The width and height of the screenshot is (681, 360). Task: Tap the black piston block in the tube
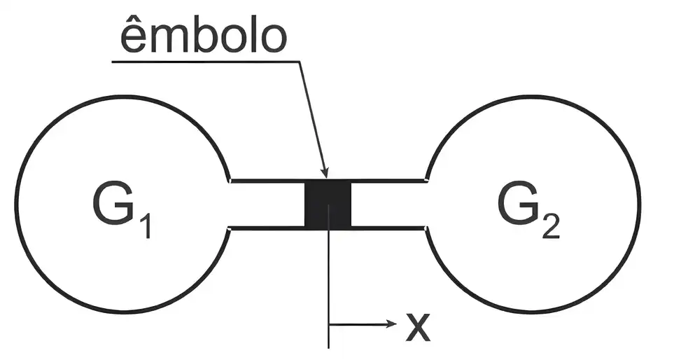tap(328, 204)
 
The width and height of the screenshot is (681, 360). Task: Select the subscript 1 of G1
tap(146, 223)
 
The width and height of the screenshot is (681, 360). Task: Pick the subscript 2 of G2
tap(551, 223)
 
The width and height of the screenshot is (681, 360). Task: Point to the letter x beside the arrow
tap(418, 326)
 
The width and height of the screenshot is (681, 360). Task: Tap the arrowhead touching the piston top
tap(325, 173)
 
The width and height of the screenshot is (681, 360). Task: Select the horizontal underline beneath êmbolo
tap(206, 62)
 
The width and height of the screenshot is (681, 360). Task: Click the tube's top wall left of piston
tap(267, 181)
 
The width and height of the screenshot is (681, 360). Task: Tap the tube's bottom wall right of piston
tap(388, 228)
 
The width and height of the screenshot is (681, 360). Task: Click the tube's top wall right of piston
tap(388, 181)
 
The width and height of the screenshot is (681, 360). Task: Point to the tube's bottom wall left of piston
tap(267, 228)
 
